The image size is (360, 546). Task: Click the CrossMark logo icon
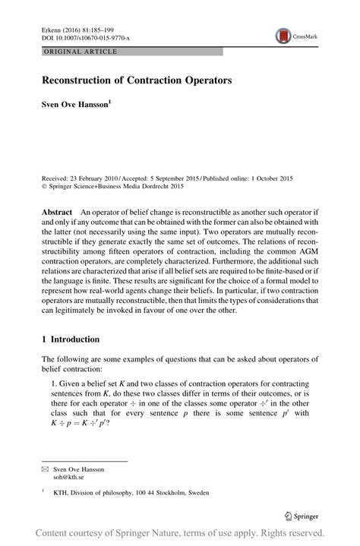pyautogui.click(x=283, y=35)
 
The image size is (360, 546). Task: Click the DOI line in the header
pyautogui.click(x=84, y=38)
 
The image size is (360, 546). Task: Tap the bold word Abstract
pyautogui.click(x=57, y=213)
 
